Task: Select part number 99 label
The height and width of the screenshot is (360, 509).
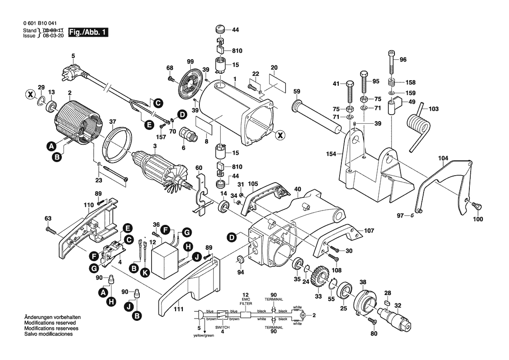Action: point(190,62)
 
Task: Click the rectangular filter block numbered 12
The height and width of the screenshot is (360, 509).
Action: point(165,263)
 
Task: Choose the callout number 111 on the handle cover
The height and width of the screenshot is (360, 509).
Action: point(177,310)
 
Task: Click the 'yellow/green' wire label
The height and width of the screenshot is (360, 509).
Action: point(204,336)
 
